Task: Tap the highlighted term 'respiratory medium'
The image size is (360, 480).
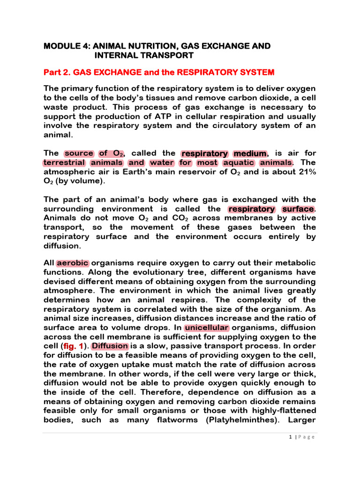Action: [x=223, y=153]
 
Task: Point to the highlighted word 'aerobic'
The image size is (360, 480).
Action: [x=73, y=262]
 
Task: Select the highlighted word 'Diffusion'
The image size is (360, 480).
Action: [x=110, y=346]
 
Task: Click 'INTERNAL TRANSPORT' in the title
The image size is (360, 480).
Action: [x=144, y=55]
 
